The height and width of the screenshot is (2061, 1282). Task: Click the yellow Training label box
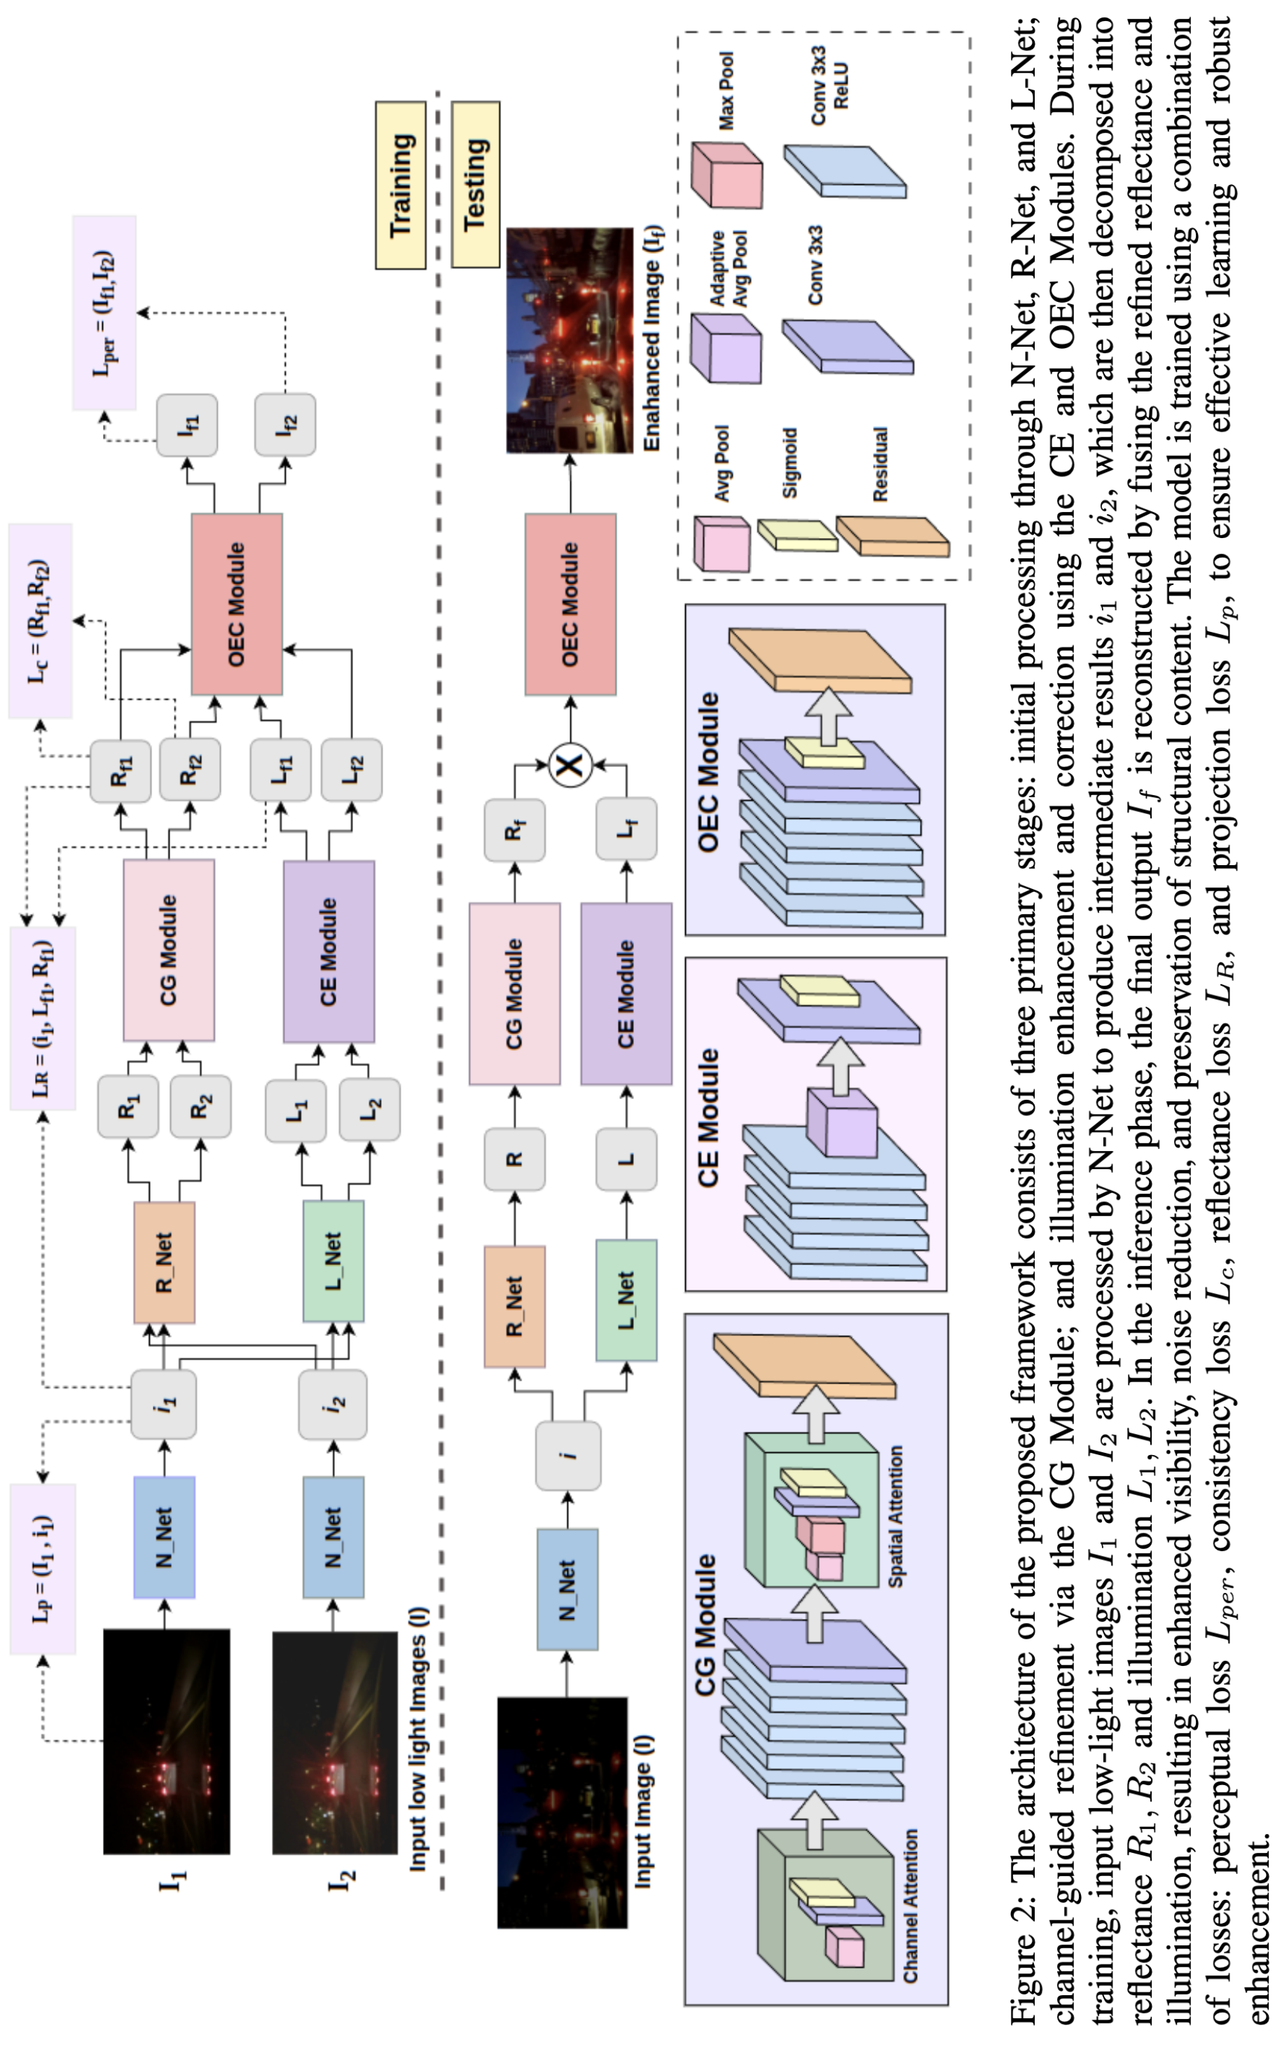point(401,185)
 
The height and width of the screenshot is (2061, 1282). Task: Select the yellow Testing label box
point(476,184)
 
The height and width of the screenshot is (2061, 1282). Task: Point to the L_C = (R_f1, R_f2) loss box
point(40,621)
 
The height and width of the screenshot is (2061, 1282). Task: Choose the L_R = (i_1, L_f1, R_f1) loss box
point(43,1017)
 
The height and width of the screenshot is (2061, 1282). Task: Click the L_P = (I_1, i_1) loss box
point(43,1569)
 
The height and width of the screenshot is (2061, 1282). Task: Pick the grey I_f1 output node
point(186,425)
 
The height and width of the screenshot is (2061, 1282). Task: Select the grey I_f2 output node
point(286,425)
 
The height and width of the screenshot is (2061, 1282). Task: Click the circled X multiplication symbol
point(571,766)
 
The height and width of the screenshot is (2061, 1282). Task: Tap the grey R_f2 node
point(190,770)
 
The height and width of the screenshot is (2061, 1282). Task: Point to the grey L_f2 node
point(352,770)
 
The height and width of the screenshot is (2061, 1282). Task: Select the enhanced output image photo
point(570,340)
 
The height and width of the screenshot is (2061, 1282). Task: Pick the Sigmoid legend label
point(790,463)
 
